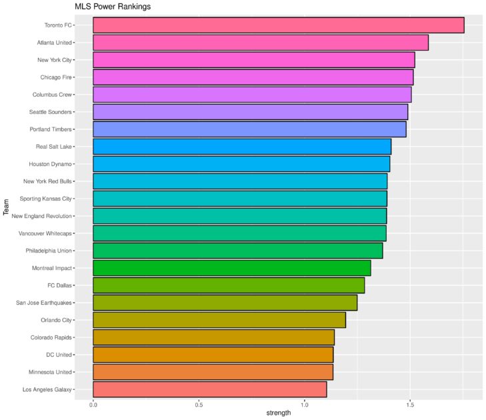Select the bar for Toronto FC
coord(278,25)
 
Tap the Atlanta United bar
coord(260,43)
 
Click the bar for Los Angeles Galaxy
coord(209,389)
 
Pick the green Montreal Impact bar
coord(231,268)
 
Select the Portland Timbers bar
coord(249,129)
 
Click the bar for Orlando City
coord(219,320)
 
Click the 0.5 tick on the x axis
coord(199,404)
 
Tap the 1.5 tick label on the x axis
coord(410,404)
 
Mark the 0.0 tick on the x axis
coord(93,404)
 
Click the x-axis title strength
coord(278,413)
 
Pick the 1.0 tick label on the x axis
coord(305,404)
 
